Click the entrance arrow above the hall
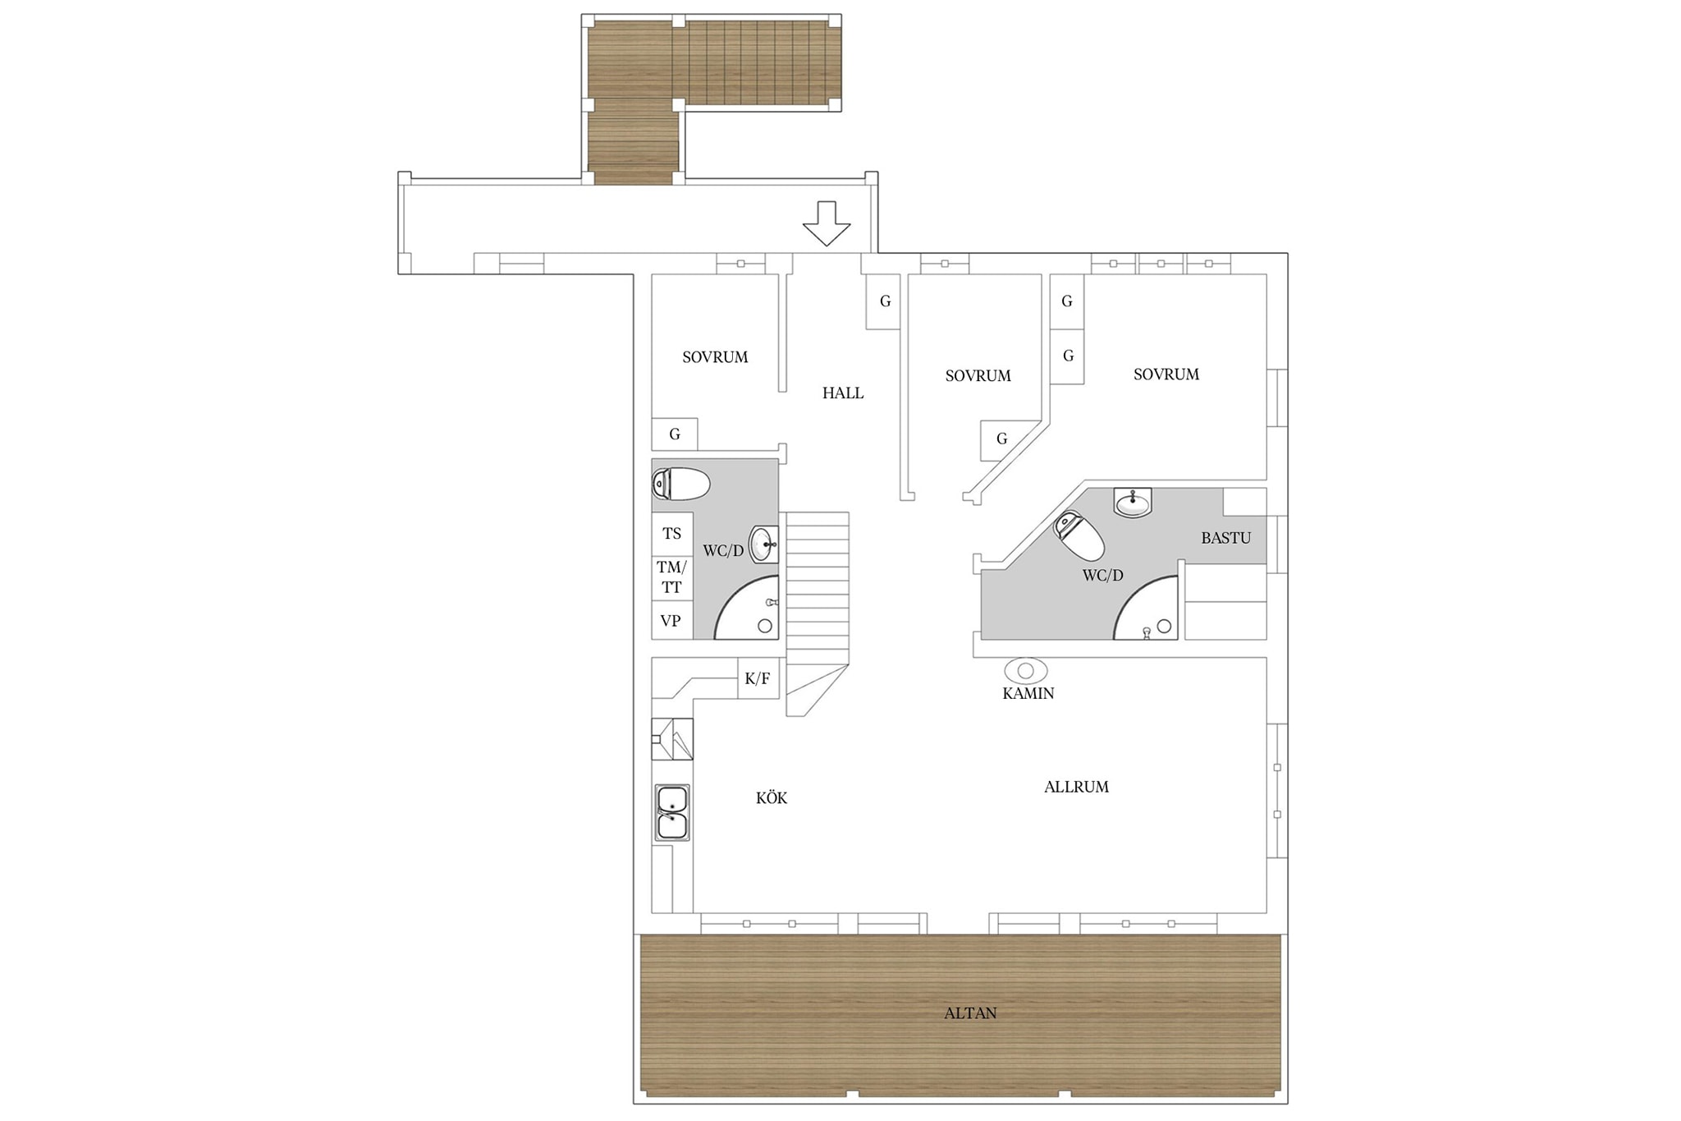point(826,223)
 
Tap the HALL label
point(843,393)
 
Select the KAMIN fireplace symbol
point(1025,671)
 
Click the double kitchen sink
point(672,813)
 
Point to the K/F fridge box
point(758,678)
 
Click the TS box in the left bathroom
point(672,534)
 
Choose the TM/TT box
point(672,577)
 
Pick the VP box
point(672,620)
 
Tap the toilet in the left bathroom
point(680,485)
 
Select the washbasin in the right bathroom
point(1134,502)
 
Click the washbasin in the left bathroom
point(763,544)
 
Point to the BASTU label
point(1226,539)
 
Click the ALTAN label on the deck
point(970,1013)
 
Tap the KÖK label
point(772,797)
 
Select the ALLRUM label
point(1076,787)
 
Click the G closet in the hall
point(884,301)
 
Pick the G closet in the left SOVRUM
point(675,434)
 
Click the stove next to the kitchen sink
point(672,739)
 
